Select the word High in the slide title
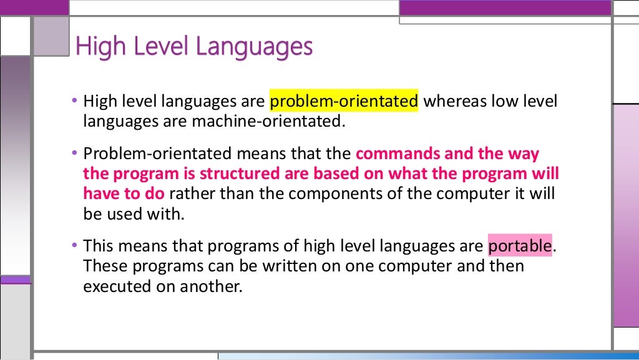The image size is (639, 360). coord(95,47)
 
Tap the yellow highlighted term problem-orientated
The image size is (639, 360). coord(344,101)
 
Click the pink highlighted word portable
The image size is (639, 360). coord(520,246)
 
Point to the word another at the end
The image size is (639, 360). coord(209,286)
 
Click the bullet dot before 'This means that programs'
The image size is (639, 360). coord(75,245)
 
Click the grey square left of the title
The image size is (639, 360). coord(51,35)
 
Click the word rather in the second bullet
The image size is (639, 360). coord(189,193)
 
